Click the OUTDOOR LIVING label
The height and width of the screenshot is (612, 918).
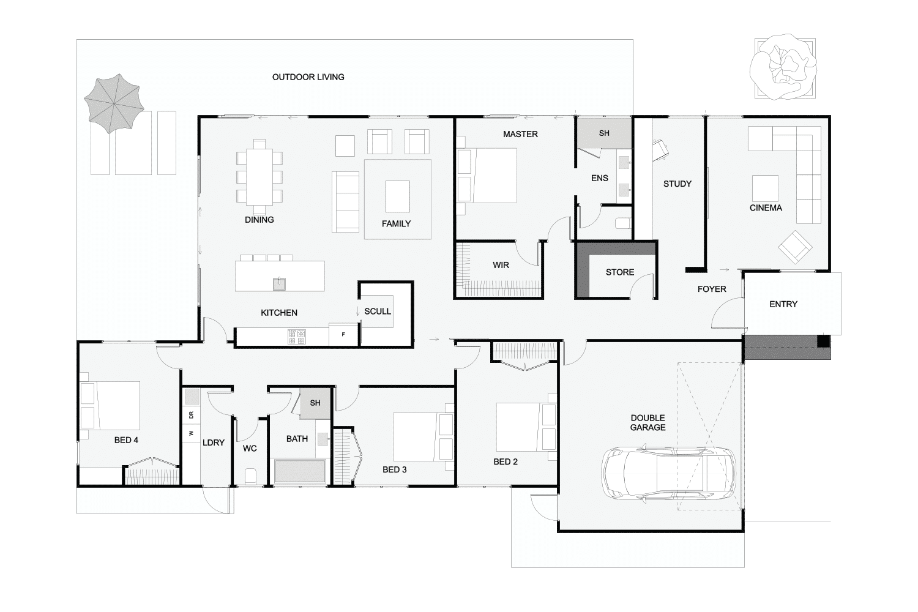(308, 77)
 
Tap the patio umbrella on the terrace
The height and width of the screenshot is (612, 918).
(114, 103)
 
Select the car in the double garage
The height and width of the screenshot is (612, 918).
(669, 472)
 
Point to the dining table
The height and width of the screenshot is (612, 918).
(259, 177)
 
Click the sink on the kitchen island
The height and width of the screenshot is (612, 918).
(279, 283)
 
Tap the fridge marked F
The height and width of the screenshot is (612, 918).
(344, 335)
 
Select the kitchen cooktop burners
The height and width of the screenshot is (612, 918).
(297, 337)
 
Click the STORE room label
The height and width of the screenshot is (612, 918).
(619, 272)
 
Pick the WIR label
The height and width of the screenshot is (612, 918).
(501, 265)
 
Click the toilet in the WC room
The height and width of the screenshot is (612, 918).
(250, 476)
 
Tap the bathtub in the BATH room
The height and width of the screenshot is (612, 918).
(300, 471)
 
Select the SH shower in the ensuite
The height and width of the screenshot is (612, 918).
(604, 133)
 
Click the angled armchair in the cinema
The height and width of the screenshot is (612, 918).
(795, 247)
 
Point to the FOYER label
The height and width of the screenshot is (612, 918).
(712, 289)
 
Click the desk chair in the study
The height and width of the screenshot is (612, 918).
(660, 150)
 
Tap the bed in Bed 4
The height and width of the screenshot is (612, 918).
(111, 406)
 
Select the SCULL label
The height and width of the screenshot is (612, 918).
(378, 312)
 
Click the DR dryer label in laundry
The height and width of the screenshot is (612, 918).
(191, 415)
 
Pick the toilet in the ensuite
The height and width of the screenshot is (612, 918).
(623, 223)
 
